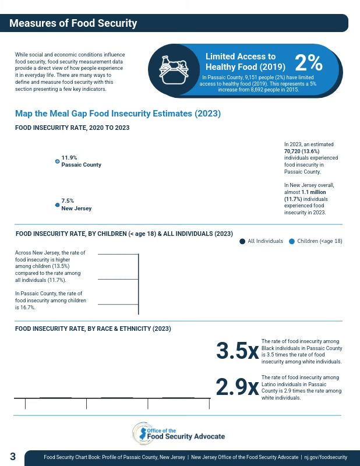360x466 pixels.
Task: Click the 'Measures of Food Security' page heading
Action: tap(73, 23)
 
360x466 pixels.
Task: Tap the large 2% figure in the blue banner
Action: tap(308, 63)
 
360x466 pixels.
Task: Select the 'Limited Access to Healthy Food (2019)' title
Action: tap(245, 62)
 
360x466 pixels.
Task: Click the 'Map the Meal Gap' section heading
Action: tap(118, 114)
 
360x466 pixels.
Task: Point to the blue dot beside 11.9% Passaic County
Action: tap(57, 161)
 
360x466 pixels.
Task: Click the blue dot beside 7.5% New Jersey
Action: tap(57, 205)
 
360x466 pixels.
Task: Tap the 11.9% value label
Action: tap(69, 158)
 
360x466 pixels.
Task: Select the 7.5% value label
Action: tap(68, 201)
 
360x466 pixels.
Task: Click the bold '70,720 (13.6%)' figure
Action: tap(305, 151)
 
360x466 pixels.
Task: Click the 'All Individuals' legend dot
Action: tap(242, 241)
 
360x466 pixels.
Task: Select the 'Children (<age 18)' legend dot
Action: tap(292, 241)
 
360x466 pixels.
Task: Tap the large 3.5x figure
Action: tap(237, 351)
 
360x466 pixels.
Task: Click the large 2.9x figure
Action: tap(237, 387)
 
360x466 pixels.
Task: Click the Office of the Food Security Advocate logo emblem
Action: tap(140, 433)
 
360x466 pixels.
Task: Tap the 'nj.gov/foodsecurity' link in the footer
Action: tap(326, 458)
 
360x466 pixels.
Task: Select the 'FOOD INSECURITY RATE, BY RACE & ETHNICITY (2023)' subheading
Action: tap(93, 329)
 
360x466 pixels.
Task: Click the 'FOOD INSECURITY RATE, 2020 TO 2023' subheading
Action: tap(72, 128)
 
